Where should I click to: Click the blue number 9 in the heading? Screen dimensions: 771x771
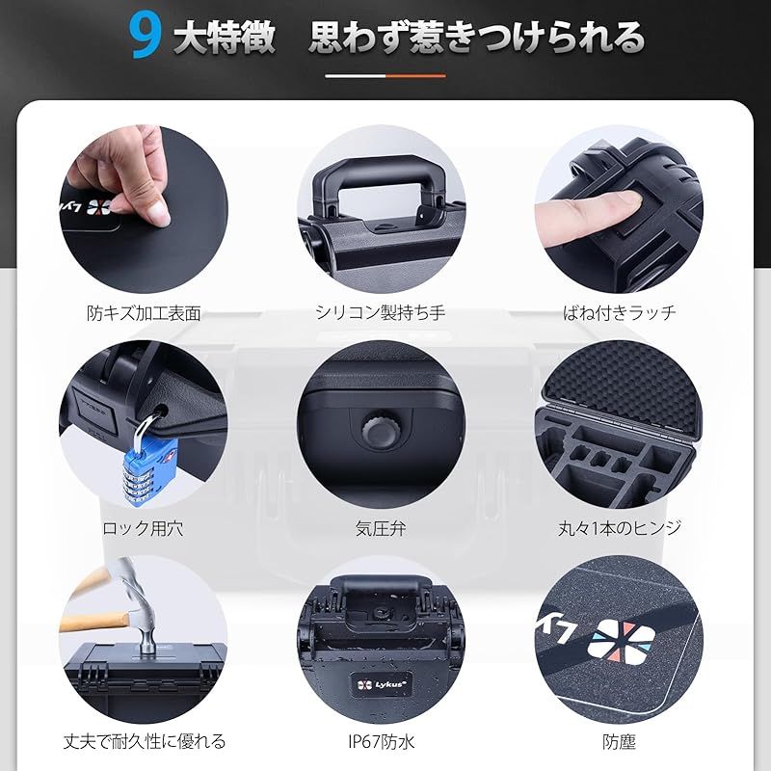click(146, 37)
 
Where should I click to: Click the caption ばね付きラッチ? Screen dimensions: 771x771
click(620, 312)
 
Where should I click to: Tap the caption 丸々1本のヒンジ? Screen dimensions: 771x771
click(620, 527)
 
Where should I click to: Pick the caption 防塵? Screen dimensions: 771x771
click(618, 741)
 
